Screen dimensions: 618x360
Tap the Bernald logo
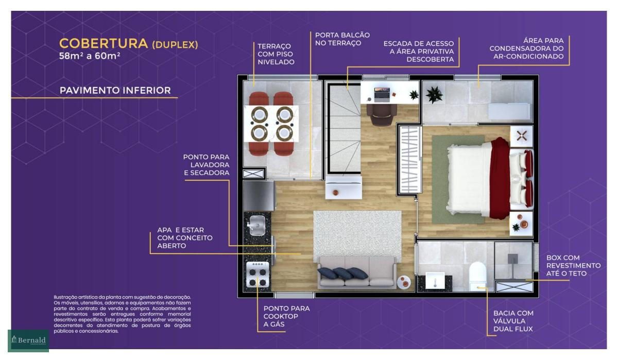pyautogui.click(x=28, y=340)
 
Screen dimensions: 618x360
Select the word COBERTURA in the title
pyautogui.click(x=104, y=44)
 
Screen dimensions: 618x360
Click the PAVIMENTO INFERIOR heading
pyautogui.click(x=115, y=91)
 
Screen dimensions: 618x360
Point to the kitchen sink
pyautogui.click(x=257, y=226)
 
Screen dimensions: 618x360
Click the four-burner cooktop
pyautogui.click(x=257, y=275)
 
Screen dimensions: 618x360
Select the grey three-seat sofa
pyautogui.click(x=357, y=272)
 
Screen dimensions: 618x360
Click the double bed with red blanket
pyautogui.click(x=490, y=179)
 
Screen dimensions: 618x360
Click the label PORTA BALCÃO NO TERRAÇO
pyautogui.click(x=342, y=39)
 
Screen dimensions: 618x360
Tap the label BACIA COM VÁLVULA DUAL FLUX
pyautogui.click(x=513, y=321)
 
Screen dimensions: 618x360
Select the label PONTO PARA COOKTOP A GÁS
pyautogui.click(x=286, y=316)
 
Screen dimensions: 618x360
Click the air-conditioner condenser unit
pyautogui.click(x=509, y=111)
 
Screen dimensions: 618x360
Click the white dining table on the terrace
pyautogui.click(x=271, y=124)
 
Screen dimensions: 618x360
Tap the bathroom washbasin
pyautogui.click(x=435, y=281)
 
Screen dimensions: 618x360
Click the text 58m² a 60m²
pyautogui.click(x=90, y=56)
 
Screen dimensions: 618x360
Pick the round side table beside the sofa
pyautogui.click(x=404, y=282)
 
